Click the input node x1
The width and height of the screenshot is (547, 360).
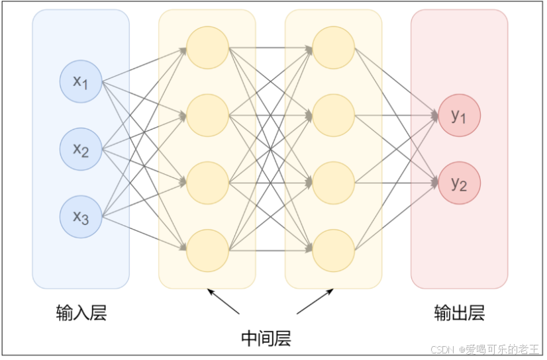click(81, 82)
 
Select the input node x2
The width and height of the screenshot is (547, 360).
click(81, 150)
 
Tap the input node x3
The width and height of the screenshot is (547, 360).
click(81, 216)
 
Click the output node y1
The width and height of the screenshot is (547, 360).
click(459, 116)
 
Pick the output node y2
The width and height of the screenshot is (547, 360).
click(459, 183)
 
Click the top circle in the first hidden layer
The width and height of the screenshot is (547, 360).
click(207, 47)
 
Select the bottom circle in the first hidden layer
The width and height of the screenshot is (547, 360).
click(207, 250)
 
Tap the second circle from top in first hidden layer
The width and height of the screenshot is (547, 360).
click(207, 115)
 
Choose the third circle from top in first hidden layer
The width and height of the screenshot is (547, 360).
click(207, 183)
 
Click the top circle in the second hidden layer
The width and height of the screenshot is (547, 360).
click(333, 47)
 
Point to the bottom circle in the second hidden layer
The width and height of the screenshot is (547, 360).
click(333, 250)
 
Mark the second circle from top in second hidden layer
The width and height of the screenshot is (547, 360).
click(333, 115)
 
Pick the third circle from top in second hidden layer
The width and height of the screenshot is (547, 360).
click(333, 183)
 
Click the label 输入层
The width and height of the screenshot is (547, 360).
click(81, 313)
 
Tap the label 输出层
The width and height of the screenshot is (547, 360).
click(459, 313)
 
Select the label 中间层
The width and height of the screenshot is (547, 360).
click(266, 339)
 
